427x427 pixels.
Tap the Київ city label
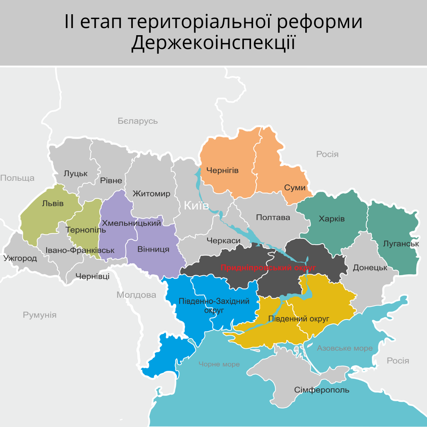click(196, 205)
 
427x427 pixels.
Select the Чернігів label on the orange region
click(222, 170)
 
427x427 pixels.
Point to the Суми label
click(295, 187)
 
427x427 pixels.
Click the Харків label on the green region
click(332, 219)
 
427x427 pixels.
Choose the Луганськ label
click(401, 244)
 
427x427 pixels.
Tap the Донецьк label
click(370, 268)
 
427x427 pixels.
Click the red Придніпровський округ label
click(268, 268)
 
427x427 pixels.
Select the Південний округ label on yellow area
click(299, 319)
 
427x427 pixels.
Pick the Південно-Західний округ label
click(214, 306)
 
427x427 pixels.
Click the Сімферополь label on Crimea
click(321, 390)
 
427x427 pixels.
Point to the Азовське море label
click(345, 348)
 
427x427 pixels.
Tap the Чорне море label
click(219, 364)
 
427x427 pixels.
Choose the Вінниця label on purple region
click(153, 249)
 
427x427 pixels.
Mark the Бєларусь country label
click(138, 121)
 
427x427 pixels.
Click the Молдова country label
click(136, 295)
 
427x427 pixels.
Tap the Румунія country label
click(40, 315)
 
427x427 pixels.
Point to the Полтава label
click(273, 217)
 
